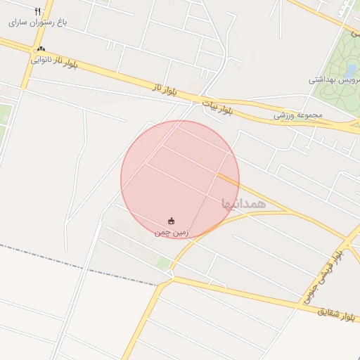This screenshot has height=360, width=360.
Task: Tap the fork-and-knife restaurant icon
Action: point(38,11)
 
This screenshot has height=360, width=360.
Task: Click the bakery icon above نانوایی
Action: point(41,49)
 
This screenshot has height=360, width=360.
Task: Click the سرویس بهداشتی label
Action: point(333,80)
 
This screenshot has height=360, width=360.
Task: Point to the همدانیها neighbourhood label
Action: point(243,203)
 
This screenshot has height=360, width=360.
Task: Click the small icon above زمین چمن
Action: point(172,220)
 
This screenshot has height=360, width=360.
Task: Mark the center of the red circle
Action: point(180,179)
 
